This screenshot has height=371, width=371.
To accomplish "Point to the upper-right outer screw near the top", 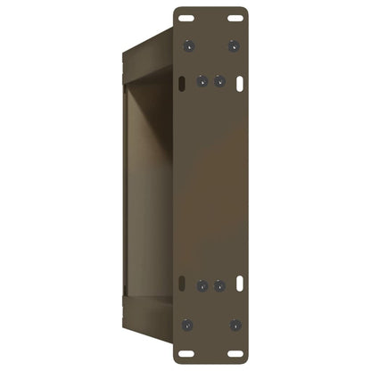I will tap(235, 44).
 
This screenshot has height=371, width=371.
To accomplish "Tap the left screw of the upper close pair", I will tap(202, 80).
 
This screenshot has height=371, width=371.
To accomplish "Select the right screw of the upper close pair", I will tap(218, 80).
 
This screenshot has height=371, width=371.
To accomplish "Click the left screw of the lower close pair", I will tap(202, 286).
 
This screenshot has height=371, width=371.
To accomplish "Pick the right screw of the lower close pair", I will tap(218, 286).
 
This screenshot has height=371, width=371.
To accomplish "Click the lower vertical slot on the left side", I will tap(182, 286).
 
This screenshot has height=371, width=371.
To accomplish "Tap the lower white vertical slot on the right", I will tap(241, 286).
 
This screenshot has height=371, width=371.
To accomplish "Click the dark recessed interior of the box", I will tap(147, 178).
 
